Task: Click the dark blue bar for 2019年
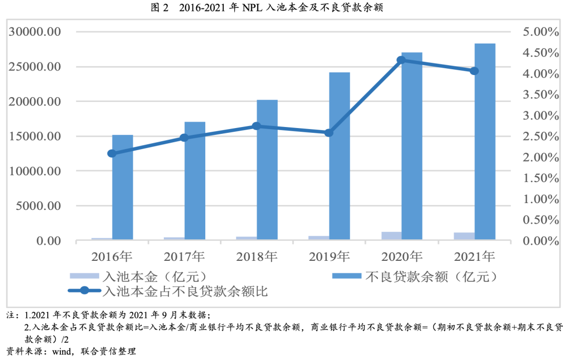(x=339, y=157)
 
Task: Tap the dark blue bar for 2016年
(x=122, y=189)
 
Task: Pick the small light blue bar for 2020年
(x=391, y=236)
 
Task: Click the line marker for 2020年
(x=401, y=60)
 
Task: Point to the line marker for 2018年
(x=256, y=126)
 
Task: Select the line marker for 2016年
(x=112, y=153)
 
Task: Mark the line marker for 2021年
(x=474, y=71)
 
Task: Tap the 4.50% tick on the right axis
(x=541, y=53)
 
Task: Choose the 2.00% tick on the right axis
(x=541, y=157)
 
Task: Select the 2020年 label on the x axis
(x=402, y=257)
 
